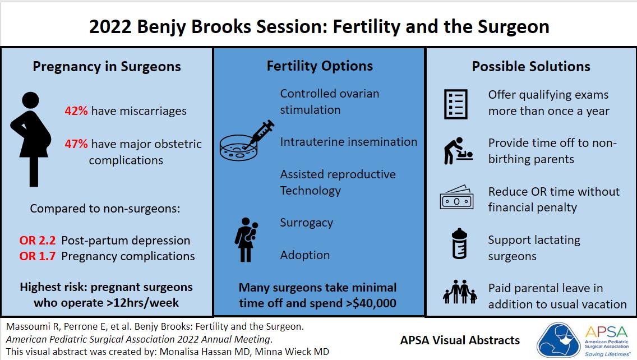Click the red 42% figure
(x=76, y=111)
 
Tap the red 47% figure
(x=76, y=144)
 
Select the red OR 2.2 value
(x=38, y=241)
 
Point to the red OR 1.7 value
(x=38, y=256)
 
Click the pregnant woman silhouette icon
(x=31, y=140)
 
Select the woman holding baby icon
(x=246, y=240)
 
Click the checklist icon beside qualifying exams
(x=456, y=104)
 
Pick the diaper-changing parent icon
(x=458, y=151)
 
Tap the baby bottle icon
(x=459, y=243)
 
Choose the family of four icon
(x=460, y=292)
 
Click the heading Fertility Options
(x=320, y=66)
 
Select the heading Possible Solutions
(x=531, y=66)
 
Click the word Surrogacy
(x=306, y=223)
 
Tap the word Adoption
(x=304, y=255)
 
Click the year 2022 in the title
(x=110, y=27)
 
